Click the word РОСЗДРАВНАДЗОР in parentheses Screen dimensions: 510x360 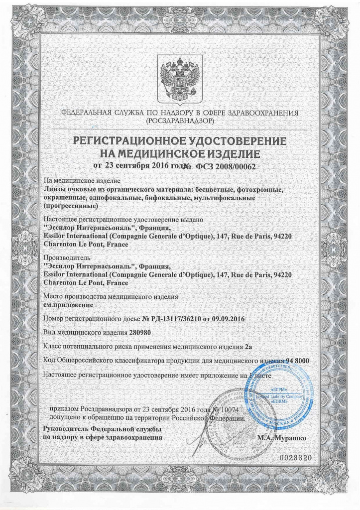tap(180, 121)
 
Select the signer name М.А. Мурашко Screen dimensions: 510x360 tap(282, 438)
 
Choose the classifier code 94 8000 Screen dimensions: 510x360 tap(294, 359)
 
